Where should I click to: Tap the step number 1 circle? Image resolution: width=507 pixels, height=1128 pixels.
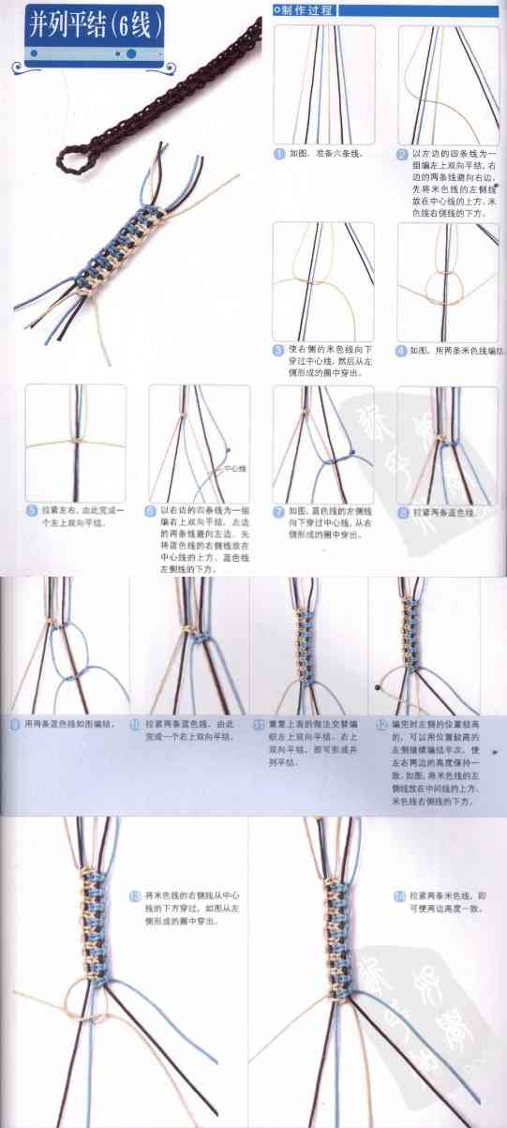(279, 154)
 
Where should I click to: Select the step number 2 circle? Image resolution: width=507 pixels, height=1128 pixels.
(402, 154)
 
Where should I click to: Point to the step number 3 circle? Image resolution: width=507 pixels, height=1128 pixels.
(278, 351)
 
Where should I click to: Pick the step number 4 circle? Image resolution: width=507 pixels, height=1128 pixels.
(402, 351)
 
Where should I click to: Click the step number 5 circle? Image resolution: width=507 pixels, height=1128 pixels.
(31, 511)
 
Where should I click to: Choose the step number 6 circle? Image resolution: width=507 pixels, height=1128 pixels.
(150, 511)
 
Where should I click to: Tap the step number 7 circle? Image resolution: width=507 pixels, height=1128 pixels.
(278, 511)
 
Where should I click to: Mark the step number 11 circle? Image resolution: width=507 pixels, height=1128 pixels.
(260, 725)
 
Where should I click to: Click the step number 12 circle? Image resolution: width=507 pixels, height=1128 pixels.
(381, 725)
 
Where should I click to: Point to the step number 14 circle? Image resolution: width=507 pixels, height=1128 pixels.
(399, 896)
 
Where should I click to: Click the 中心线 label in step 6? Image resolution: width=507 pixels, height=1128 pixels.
(234, 467)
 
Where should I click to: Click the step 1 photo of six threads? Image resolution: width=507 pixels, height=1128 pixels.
(323, 83)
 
